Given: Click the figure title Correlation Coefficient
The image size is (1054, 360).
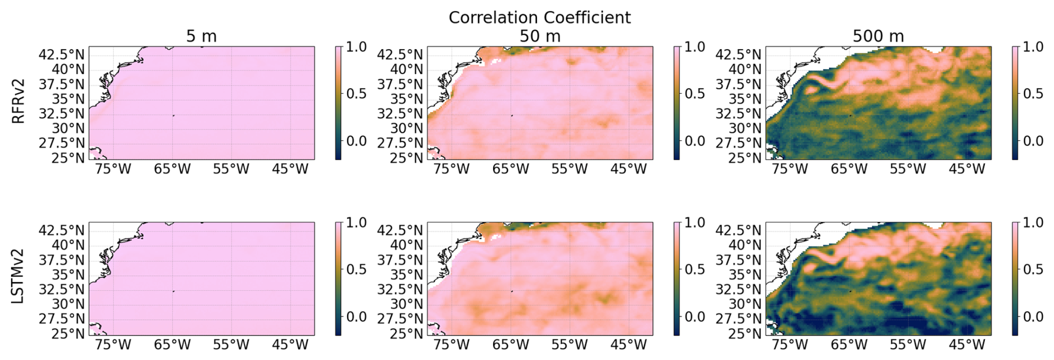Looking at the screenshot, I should pyautogui.click(x=539, y=17).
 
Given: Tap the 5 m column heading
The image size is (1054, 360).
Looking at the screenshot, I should pyautogui.click(x=201, y=36).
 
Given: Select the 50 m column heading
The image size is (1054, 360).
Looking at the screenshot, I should pyautogui.click(x=539, y=36).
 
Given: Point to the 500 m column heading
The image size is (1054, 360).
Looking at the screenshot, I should pyautogui.click(x=878, y=36).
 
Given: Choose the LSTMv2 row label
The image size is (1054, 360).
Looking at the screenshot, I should pyautogui.click(x=18, y=276).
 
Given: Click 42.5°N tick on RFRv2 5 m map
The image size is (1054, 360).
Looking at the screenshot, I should pyautogui.click(x=62, y=55).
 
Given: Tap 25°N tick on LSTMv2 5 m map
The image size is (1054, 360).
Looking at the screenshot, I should pyautogui.click(x=69, y=334).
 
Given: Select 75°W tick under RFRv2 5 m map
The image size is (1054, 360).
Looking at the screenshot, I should pyautogui.click(x=113, y=169).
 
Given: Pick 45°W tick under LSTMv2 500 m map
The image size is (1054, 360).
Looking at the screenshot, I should pyautogui.click(x=967, y=345).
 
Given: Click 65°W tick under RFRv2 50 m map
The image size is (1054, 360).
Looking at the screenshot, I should pyautogui.click(x=510, y=169).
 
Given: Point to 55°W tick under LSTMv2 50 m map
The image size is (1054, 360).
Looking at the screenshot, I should pyautogui.click(x=569, y=345).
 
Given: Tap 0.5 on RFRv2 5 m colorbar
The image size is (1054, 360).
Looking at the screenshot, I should pyautogui.click(x=357, y=94).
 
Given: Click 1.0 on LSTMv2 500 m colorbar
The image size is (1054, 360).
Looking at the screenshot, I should pyautogui.click(x=1033, y=223).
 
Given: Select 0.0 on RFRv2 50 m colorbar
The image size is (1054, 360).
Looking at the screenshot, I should pyautogui.click(x=695, y=141).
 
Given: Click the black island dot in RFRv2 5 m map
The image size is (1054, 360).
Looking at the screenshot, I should pyautogui.click(x=173, y=115).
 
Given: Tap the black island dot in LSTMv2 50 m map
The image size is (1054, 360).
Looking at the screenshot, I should pyautogui.click(x=511, y=291).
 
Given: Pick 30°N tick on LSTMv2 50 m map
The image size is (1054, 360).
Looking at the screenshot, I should pyautogui.click(x=404, y=304).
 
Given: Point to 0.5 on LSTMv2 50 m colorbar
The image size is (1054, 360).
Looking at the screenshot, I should pyautogui.click(x=695, y=270).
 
